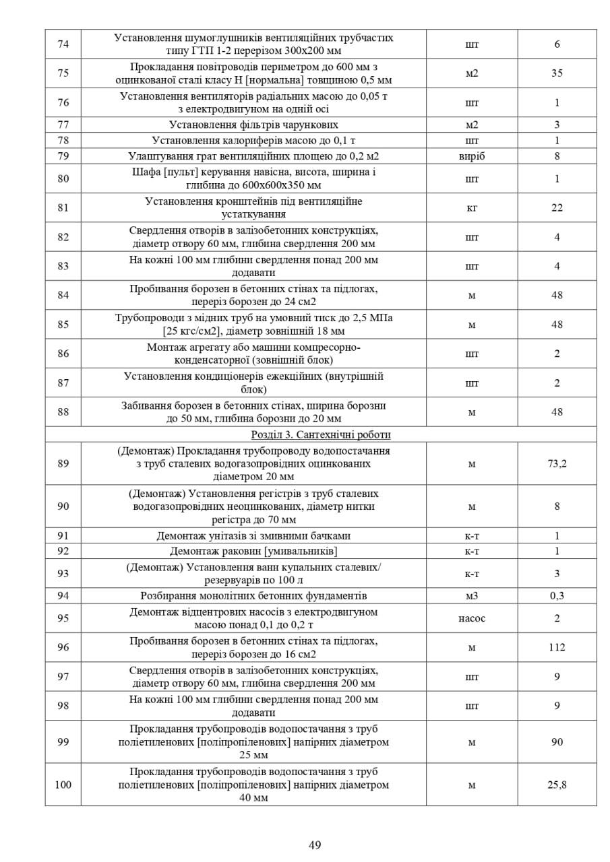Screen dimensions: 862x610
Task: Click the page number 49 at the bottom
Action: (x=315, y=845)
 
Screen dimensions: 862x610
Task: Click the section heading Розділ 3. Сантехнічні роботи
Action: (x=321, y=434)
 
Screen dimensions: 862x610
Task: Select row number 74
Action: (x=63, y=44)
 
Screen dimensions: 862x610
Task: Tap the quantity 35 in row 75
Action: (x=557, y=73)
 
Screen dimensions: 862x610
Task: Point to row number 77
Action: (x=63, y=125)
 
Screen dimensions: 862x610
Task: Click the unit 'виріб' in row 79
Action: (x=472, y=156)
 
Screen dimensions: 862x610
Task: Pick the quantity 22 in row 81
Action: (x=557, y=207)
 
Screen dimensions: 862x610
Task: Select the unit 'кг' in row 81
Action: (x=472, y=207)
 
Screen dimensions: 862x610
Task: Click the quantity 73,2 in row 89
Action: (x=557, y=463)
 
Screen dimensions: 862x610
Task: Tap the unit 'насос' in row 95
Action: (x=472, y=618)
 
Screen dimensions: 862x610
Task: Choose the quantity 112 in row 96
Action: (x=557, y=647)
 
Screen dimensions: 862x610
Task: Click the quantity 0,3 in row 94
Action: (x=557, y=596)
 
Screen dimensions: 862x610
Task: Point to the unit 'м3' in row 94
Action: (x=472, y=596)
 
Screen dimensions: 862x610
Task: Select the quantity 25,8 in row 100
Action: (x=557, y=785)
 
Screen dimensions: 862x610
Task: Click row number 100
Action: (x=63, y=785)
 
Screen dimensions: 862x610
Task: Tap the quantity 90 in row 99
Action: (x=557, y=742)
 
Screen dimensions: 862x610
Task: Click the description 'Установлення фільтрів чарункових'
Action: (x=253, y=125)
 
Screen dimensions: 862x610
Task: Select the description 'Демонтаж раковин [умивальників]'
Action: (x=253, y=552)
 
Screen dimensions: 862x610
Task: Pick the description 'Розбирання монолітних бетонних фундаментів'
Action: (x=253, y=596)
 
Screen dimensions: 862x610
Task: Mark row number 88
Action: (x=63, y=411)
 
